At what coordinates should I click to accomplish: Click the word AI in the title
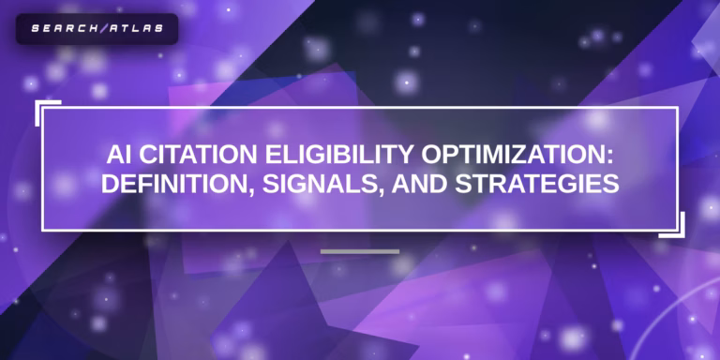pos(115,156)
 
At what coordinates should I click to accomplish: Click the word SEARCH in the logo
pos(58,28)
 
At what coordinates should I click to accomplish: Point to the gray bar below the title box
pos(360,251)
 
